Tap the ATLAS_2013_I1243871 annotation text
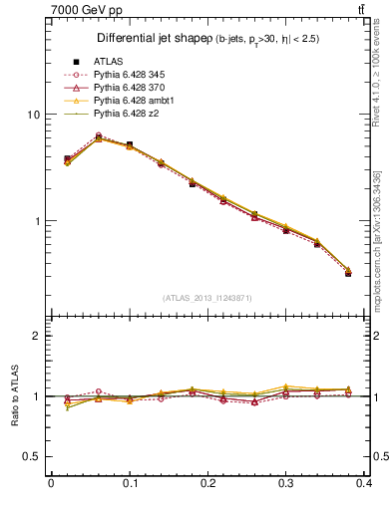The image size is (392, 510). click(207, 298)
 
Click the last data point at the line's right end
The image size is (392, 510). click(348, 271)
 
